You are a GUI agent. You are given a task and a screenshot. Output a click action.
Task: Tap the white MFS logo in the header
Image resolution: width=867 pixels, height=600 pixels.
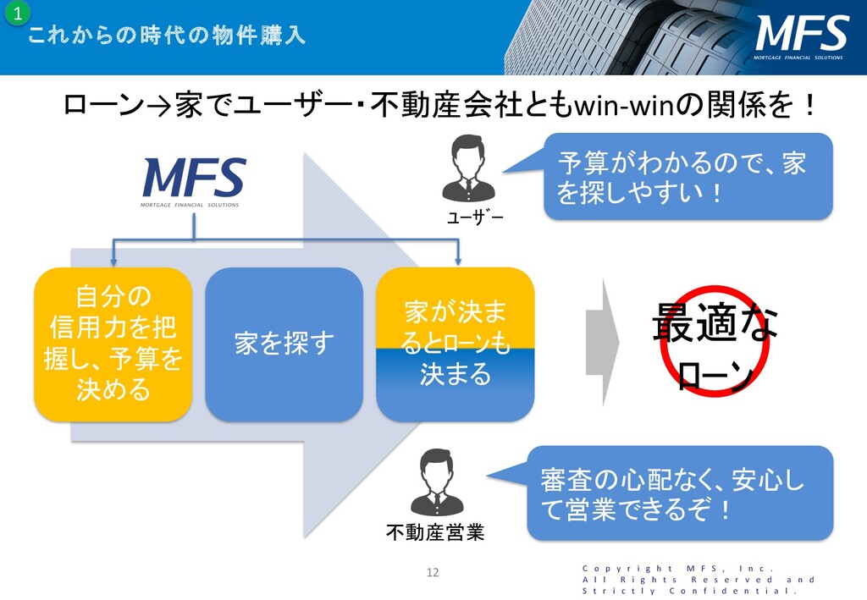[800, 36]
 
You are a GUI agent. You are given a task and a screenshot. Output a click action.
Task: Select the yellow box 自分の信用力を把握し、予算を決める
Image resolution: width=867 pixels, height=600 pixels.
[113, 344]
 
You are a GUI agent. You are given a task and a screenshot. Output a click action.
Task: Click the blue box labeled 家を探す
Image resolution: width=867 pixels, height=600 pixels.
[284, 344]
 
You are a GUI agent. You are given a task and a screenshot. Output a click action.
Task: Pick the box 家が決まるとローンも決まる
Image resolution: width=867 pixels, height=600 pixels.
[456, 344]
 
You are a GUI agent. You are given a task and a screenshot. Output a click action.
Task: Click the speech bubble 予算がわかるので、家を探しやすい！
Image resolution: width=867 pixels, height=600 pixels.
[686, 176]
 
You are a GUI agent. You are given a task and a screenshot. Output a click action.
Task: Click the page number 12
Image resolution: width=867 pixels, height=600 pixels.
[433, 573]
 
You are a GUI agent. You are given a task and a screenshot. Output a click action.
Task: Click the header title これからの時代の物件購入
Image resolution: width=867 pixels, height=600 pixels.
[167, 36]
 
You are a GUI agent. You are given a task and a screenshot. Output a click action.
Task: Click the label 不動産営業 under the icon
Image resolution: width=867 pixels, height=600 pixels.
[435, 532]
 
